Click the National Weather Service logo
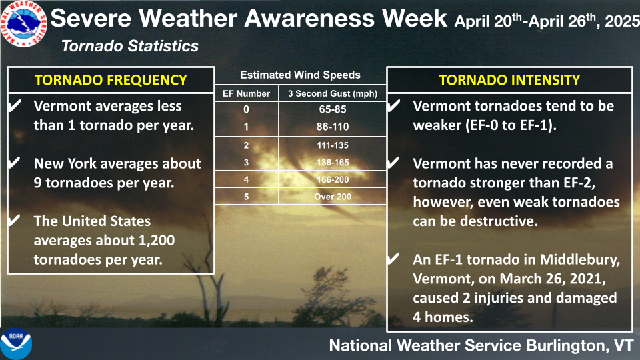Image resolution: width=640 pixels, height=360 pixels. coord(24,23)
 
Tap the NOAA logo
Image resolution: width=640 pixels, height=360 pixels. coord(16,344)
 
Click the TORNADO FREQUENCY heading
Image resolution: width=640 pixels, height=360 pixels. coord(111,80)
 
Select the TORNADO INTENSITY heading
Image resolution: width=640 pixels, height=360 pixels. coord(509,80)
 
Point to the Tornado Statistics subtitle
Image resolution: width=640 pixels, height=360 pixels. coord(130,46)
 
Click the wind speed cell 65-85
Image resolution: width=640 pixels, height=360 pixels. coord(333,109)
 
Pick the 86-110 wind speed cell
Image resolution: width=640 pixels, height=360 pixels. coord(333,127)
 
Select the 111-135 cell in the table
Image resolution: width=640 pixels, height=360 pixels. coord(333,145)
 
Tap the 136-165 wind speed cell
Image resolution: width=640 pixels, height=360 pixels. coord(333,163)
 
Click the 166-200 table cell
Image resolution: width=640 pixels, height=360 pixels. coord(333,179)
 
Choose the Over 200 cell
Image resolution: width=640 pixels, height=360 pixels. coord(333,197)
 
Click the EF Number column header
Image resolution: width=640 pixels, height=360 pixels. coord(246,93)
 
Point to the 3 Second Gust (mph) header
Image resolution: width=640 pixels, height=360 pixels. coord(333,93)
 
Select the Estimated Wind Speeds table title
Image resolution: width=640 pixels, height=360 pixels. coord(300,75)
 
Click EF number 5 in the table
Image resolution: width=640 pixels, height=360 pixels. coord(246,197)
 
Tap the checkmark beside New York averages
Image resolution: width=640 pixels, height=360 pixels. coord(13,163)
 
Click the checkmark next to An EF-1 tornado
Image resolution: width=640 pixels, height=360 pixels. coord(393,259)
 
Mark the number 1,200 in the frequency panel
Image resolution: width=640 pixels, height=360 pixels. coord(156,241)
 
